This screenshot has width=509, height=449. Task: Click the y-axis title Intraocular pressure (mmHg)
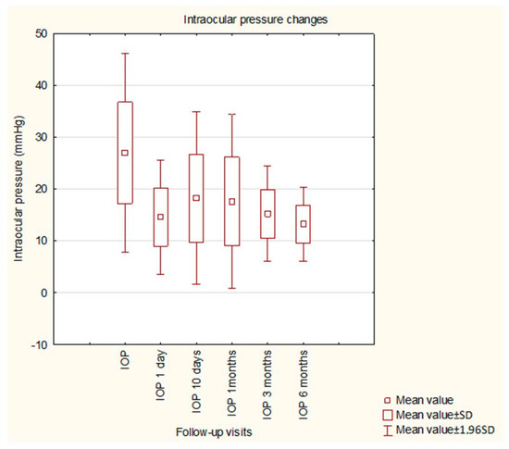(x=19, y=190)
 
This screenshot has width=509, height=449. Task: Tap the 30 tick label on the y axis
(x=42, y=137)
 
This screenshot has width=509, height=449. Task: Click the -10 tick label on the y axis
(x=40, y=344)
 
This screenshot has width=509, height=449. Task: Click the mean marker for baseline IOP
(x=125, y=153)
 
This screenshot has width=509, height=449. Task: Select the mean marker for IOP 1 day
(x=161, y=217)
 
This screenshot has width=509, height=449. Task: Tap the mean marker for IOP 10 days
(x=196, y=198)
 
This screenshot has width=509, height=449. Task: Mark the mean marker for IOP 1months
(x=232, y=202)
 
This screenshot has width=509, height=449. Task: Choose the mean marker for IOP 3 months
(x=267, y=214)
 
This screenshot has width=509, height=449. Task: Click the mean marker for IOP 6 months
(x=303, y=224)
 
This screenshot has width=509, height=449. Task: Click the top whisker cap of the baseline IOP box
(x=125, y=54)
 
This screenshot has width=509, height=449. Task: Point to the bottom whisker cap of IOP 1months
(x=232, y=288)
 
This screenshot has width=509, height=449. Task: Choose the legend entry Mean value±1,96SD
(x=461, y=430)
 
